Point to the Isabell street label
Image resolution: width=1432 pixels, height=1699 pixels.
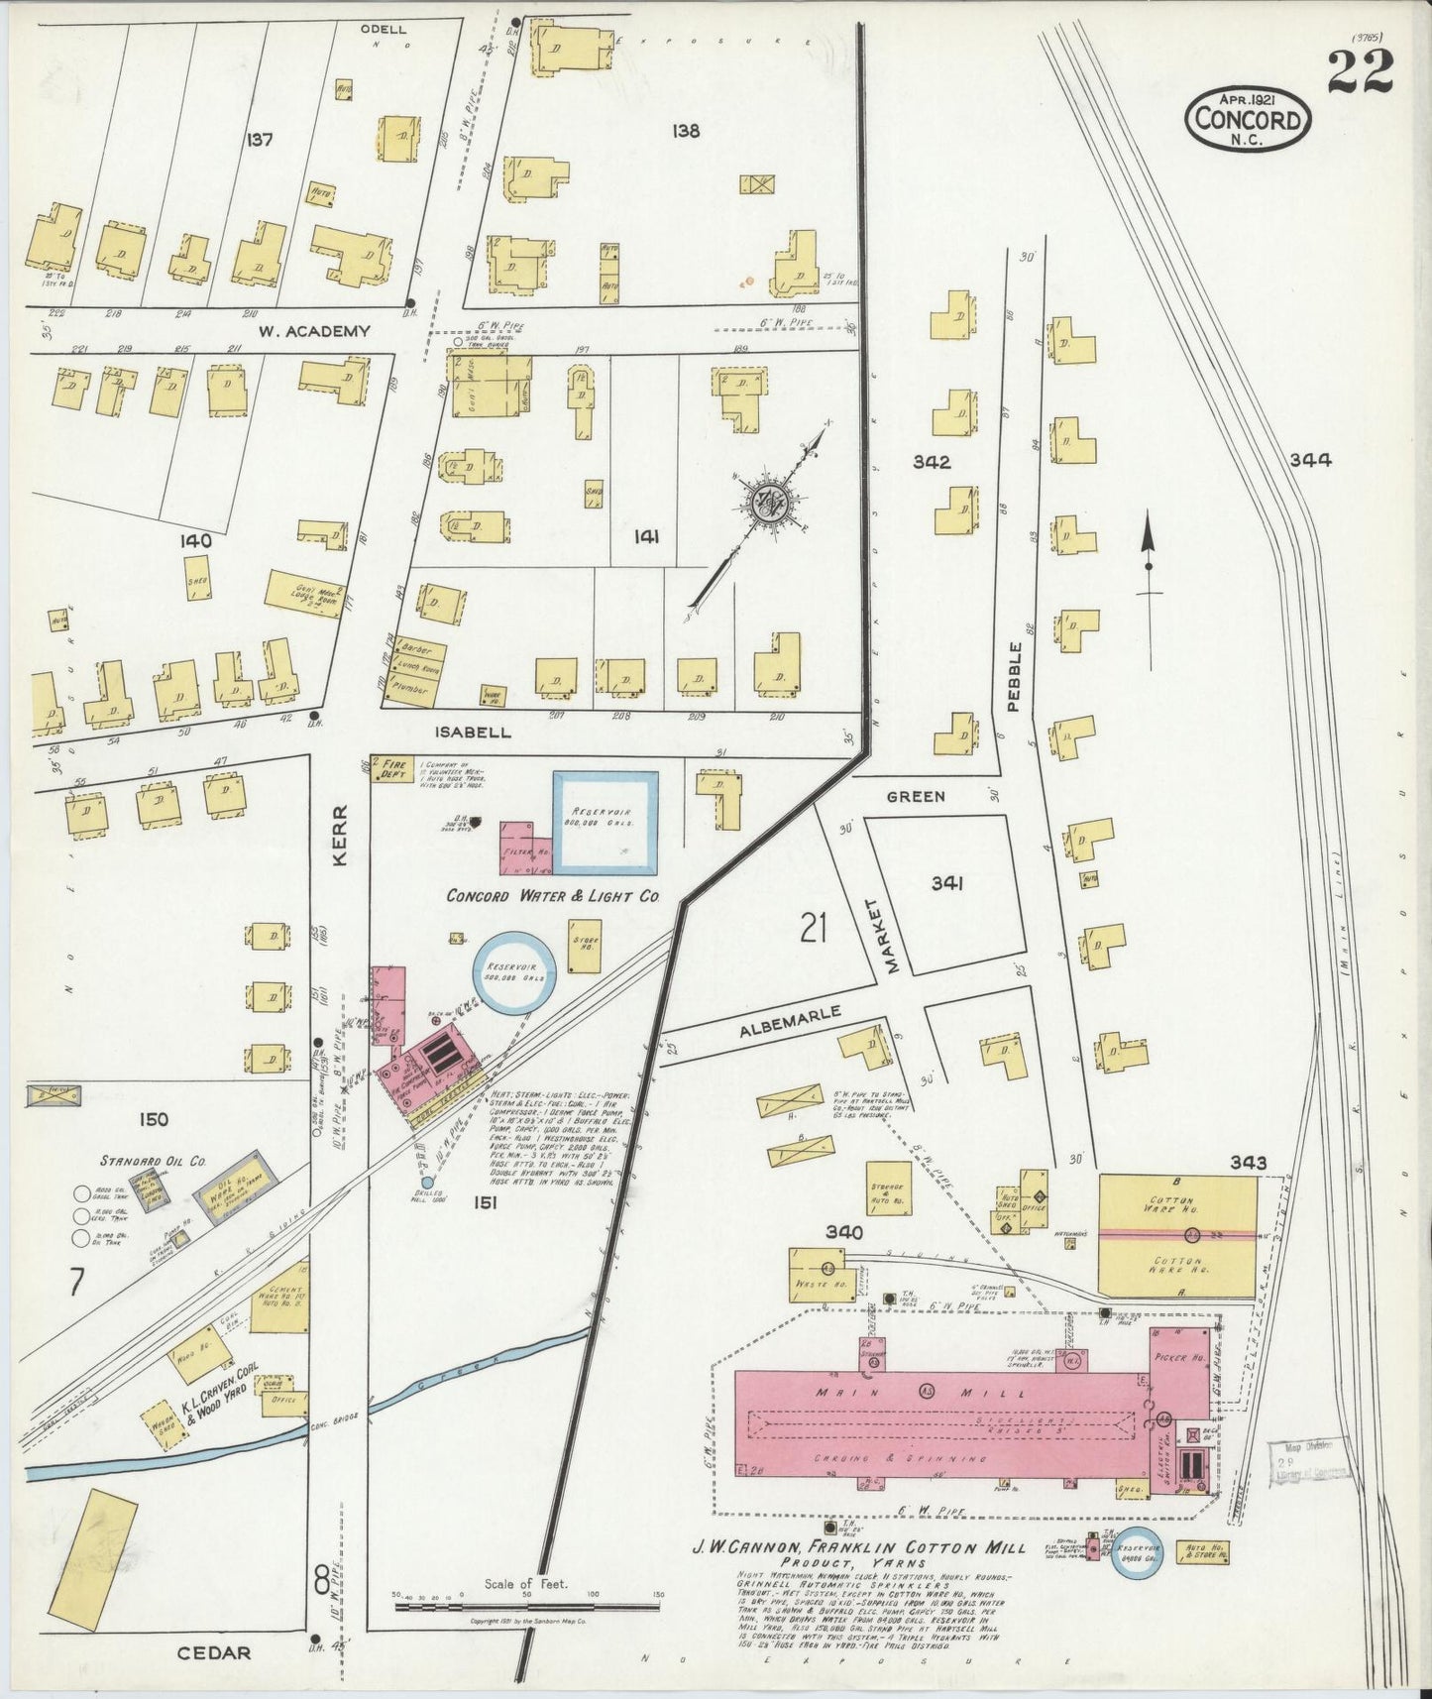(x=473, y=733)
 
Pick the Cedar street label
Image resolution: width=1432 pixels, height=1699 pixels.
(x=215, y=1652)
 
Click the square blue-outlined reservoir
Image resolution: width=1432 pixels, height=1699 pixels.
(x=605, y=822)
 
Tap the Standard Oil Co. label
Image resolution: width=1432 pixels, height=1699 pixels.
(x=151, y=1160)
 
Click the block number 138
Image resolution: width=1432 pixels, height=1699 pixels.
(x=685, y=131)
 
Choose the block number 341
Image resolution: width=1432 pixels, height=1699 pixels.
(x=945, y=882)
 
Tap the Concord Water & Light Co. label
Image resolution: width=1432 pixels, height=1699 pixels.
(x=553, y=895)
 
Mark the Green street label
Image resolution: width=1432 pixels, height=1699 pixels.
(x=916, y=796)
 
